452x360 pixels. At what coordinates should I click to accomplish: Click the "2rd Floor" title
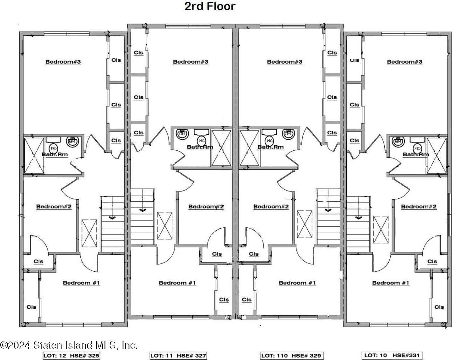tap(210, 6)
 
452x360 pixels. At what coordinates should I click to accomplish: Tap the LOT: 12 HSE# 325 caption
tap(71, 356)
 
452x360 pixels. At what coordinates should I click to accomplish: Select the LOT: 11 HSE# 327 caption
tap(178, 356)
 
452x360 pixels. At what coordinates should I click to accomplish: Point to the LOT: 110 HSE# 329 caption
tap(292, 356)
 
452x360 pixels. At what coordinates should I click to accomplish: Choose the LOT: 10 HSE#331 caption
tap(392, 355)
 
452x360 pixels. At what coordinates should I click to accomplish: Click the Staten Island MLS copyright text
tap(69, 345)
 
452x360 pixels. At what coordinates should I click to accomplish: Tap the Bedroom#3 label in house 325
tap(63, 62)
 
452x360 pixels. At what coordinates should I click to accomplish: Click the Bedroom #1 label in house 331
tap(391, 283)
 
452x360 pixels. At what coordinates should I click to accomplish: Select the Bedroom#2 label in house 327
tap(206, 206)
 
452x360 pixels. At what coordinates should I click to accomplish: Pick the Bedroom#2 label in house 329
tap(271, 206)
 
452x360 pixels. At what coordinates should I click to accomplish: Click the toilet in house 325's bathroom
tap(54, 148)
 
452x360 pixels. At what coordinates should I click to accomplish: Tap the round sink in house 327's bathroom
tap(182, 134)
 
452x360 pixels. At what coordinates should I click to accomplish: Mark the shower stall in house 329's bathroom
tap(249, 148)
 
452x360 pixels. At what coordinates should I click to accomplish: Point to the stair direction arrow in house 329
tap(328, 210)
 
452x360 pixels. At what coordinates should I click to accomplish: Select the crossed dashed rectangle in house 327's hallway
tap(165, 226)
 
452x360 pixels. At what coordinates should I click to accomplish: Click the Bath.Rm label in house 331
tap(416, 154)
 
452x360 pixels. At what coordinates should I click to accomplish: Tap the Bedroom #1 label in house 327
tap(177, 283)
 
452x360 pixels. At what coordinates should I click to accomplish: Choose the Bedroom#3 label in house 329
tap(284, 62)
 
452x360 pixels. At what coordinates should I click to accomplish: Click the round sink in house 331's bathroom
tap(398, 142)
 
